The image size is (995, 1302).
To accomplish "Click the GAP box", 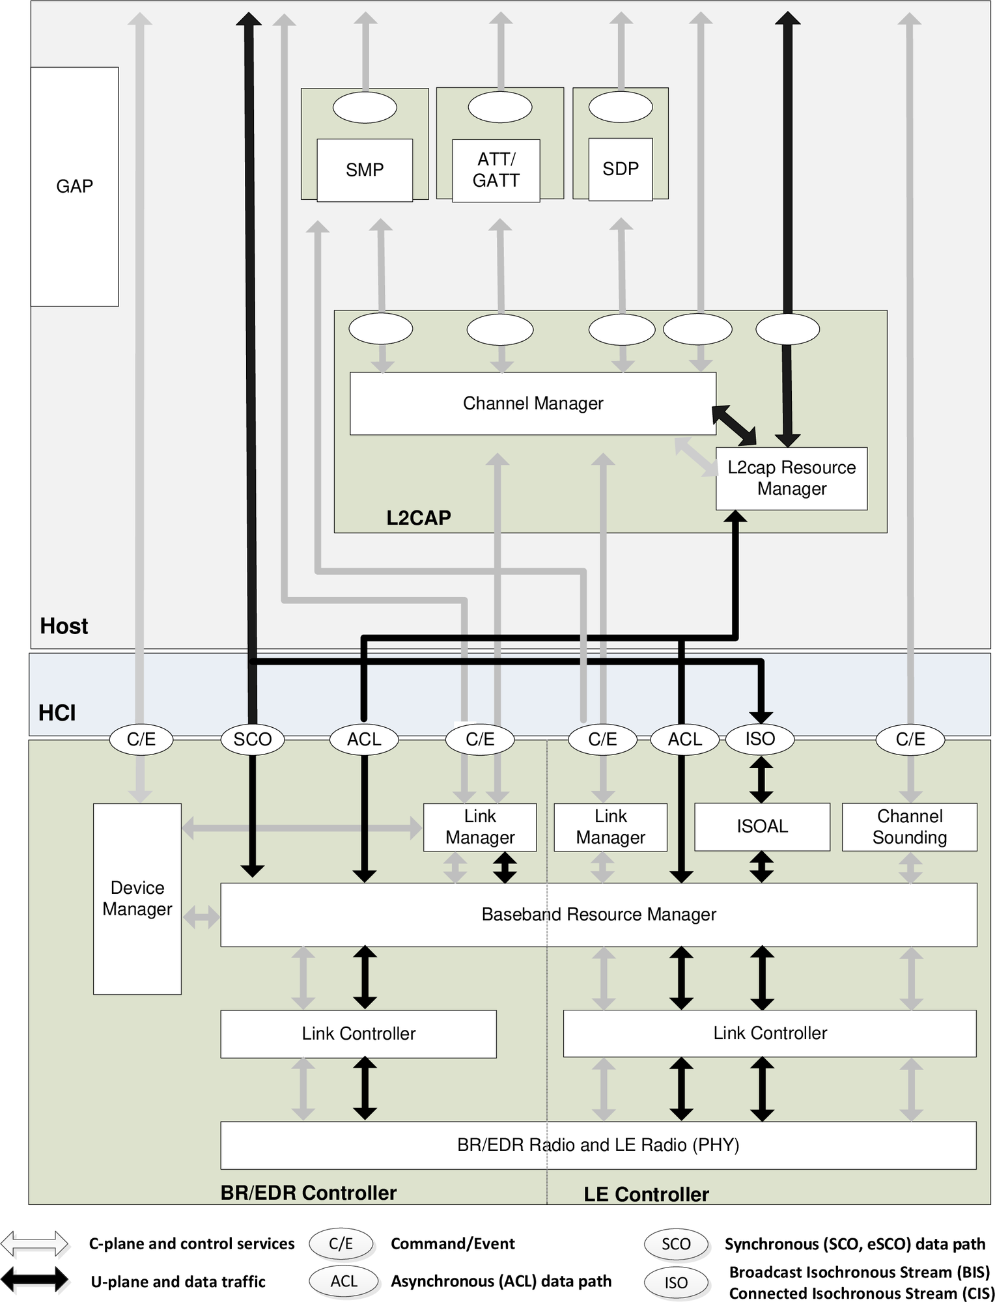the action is [74, 186].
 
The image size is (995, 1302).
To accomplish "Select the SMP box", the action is [364, 170].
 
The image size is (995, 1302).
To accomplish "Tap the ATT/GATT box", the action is [496, 170].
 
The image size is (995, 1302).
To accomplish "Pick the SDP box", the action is [620, 169].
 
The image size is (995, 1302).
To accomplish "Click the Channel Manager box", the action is [533, 403].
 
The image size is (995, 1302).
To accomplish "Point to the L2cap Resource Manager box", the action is [791, 478].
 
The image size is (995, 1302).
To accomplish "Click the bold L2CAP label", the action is [418, 518].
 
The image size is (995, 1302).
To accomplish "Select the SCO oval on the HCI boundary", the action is [252, 739].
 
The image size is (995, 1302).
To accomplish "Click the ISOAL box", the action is [762, 826].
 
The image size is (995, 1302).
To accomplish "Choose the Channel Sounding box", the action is [909, 826].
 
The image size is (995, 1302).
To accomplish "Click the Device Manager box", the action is [137, 898].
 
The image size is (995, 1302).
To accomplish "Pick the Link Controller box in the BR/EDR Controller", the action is [358, 1033].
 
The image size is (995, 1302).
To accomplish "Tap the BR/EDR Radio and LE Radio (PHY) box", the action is [598, 1144].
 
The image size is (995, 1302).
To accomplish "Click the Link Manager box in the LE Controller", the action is [610, 826].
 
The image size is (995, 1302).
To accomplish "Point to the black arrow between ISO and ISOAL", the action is [761, 779].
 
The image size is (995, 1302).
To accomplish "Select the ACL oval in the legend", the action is [344, 1281].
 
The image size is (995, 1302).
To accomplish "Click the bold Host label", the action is [63, 626].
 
